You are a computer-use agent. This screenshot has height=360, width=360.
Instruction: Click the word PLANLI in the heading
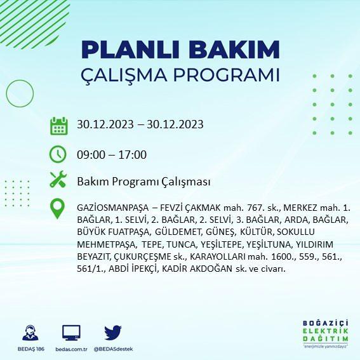(x=130, y=50)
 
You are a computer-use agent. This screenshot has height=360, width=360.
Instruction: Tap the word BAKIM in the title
(x=234, y=50)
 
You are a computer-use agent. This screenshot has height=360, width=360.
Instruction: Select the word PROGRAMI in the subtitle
(x=227, y=75)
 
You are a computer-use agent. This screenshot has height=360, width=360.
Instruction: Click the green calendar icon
(x=59, y=126)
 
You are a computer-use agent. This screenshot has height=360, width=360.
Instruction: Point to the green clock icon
(x=58, y=154)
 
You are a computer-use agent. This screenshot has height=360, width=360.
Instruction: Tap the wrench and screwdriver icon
(x=58, y=179)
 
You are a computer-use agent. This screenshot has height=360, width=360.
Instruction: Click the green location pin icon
(x=57, y=208)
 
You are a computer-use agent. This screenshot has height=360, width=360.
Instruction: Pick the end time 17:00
(x=132, y=154)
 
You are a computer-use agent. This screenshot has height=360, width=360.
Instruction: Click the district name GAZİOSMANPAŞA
(x=113, y=208)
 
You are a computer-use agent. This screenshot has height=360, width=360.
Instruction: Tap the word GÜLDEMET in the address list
(x=179, y=232)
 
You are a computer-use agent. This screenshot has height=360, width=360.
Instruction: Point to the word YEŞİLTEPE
(x=222, y=244)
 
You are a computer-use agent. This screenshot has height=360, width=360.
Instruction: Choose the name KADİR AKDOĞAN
(x=197, y=269)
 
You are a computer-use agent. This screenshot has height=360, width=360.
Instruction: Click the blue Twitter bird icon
(x=113, y=333)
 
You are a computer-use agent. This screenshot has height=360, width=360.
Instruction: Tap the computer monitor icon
(x=71, y=333)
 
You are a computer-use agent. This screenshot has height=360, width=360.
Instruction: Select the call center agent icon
(x=30, y=333)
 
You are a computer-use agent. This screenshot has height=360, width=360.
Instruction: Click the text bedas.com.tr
(x=71, y=349)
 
